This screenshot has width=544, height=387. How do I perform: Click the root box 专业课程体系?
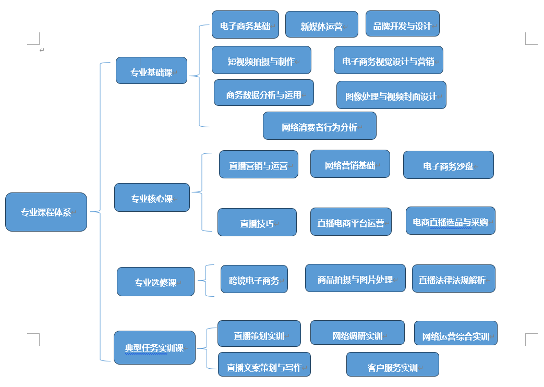[46, 212]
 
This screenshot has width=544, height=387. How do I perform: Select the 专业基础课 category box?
[151, 70]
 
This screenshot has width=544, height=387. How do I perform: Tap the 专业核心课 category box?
[152, 197]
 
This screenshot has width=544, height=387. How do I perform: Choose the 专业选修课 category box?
[155, 282]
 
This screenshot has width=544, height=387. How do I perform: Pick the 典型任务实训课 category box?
[154, 347]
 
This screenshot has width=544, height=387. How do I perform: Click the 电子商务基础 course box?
[245, 25]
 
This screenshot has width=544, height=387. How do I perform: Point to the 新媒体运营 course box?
[321, 25]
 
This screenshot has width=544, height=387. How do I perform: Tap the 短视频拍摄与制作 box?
[261, 60]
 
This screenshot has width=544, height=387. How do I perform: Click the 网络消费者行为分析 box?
[319, 126]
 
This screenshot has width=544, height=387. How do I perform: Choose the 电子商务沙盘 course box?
[448, 165]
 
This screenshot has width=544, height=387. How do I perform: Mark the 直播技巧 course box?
[257, 222]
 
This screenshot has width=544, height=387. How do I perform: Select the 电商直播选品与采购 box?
[450, 221]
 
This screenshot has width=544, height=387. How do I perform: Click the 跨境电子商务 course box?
[254, 279]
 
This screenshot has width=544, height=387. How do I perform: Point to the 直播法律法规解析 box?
[453, 279]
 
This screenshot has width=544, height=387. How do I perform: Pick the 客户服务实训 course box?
[392, 365]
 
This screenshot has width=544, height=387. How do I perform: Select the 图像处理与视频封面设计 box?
[391, 95]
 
